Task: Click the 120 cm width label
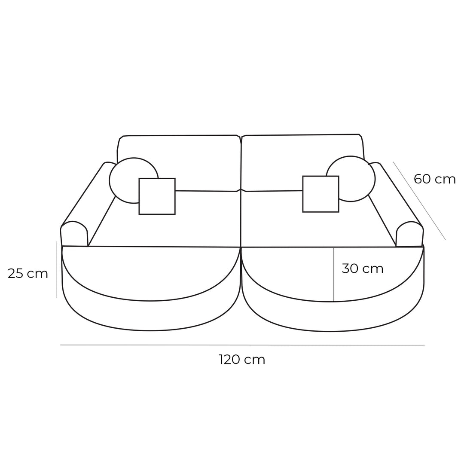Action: coord(242,360)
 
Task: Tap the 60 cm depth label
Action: coord(434,179)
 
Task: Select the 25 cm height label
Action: coord(27,274)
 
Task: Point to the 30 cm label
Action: coord(362,269)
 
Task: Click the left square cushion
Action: coord(157,196)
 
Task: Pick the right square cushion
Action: coord(321,194)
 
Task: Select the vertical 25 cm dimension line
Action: coord(56,269)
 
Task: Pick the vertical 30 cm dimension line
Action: coord(333,275)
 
